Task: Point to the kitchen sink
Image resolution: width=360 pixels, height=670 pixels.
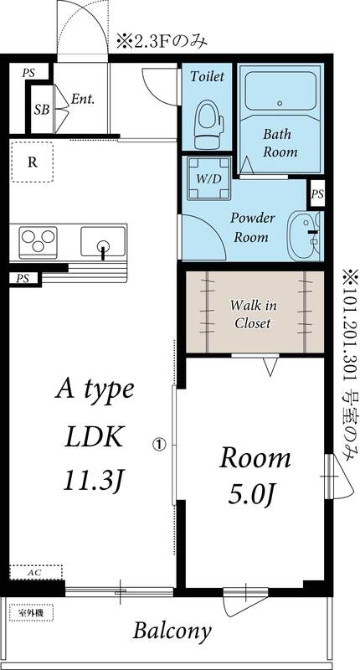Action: pos(102,244)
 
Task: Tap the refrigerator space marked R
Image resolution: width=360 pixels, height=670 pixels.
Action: pos(33,162)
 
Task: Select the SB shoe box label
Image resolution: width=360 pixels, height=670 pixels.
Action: pos(40,109)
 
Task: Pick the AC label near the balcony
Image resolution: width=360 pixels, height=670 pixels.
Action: pos(35,572)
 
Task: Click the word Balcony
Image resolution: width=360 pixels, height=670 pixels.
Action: pos(173,631)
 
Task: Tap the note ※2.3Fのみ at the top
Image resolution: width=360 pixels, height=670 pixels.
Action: pos(161,39)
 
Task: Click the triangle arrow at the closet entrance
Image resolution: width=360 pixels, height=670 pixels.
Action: pos(269,365)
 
